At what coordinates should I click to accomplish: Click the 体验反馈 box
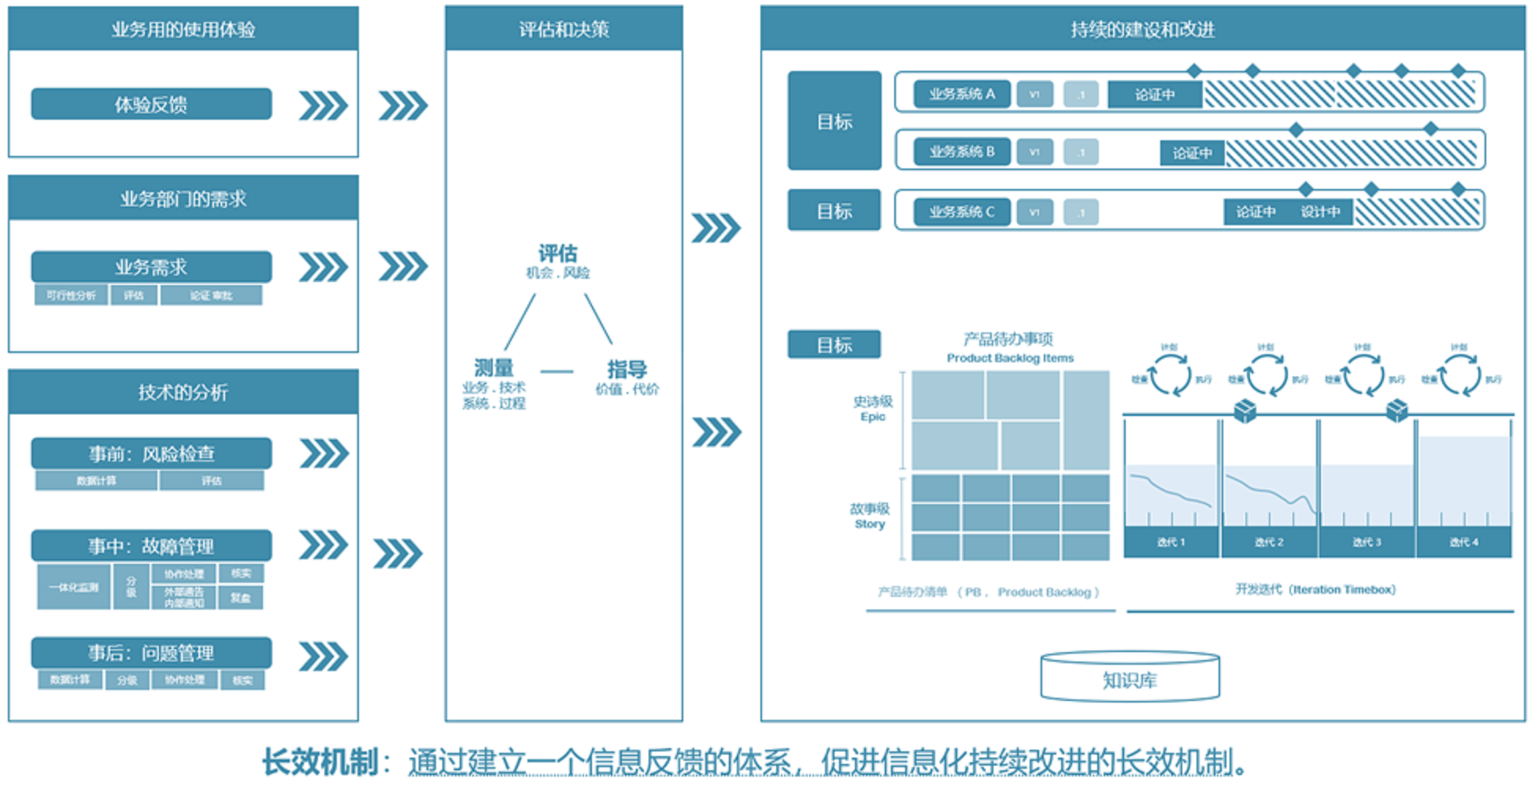click(151, 104)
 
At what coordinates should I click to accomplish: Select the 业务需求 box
click(151, 267)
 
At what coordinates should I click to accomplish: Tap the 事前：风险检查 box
click(151, 454)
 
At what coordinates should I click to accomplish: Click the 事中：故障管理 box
click(151, 546)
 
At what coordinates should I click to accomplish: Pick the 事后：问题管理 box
click(151, 653)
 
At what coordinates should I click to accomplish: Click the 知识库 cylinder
click(1130, 679)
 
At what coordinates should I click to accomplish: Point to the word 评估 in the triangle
click(557, 254)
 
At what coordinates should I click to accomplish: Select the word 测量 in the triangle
click(494, 368)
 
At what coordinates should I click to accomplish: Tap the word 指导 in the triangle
click(627, 369)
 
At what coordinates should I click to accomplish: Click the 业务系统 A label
click(961, 94)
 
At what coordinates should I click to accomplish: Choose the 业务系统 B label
click(961, 151)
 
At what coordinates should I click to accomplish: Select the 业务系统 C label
click(961, 212)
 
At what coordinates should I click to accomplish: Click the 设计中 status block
click(1320, 212)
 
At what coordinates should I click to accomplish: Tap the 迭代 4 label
click(1463, 542)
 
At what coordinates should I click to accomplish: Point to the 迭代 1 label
click(1171, 542)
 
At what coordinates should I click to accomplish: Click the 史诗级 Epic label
click(872, 408)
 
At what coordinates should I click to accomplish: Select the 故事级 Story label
click(869, 516)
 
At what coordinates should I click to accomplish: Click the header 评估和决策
click(564, 30)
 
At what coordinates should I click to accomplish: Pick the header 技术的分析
click(183, 392)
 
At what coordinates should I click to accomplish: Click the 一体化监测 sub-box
click(74, 587)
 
